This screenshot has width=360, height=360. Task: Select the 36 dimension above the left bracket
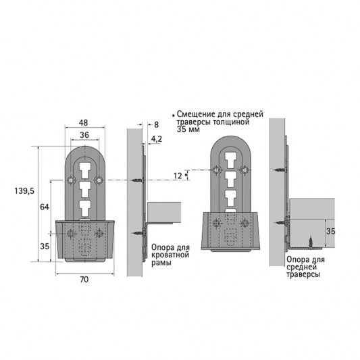click(84, 135)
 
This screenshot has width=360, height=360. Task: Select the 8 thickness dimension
click(156, 124)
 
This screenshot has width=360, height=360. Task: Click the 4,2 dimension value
click(156, 138)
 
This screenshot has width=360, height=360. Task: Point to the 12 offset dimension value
click(178, 176)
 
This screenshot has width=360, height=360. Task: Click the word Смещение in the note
click(197, 115)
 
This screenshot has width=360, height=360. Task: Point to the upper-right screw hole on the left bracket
click(99, 180)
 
